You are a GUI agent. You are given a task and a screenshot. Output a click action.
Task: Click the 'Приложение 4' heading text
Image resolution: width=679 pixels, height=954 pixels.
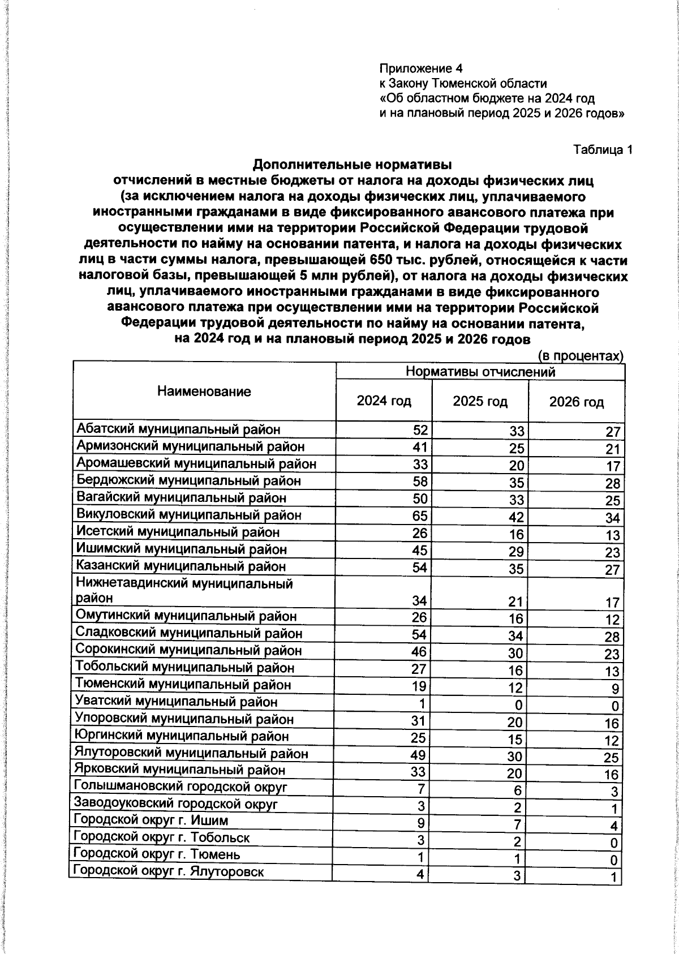pyautogui.click(x=421, y=68)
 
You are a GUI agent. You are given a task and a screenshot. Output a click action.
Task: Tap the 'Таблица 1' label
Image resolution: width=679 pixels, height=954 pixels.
pyautogui.click(x=603, y=150)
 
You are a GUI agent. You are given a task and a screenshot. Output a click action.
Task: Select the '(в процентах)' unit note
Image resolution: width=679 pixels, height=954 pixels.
pyautogui.click(x=580, y=356)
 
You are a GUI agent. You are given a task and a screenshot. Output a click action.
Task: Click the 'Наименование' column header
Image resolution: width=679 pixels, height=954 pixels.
pyautogui.click(x=204, y=392)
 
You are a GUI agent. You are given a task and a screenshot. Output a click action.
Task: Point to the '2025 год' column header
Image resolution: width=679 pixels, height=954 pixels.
pyautogui.click(x=480, y=402)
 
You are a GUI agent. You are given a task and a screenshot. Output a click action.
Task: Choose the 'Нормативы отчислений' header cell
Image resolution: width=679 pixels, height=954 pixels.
pyautogui.click(x=480, y=372)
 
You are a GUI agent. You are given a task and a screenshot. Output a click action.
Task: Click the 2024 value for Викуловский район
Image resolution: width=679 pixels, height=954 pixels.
pyautogui.click(x=420, y=515)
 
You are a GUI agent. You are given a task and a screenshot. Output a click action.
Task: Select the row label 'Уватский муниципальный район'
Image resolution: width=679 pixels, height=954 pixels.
pyautogui.click(x=177, y=702)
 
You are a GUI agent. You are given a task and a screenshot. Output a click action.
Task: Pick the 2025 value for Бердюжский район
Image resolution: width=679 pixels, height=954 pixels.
pyautogui.click(x=516, y=483)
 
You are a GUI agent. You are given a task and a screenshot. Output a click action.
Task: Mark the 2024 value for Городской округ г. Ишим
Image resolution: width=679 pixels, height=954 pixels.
pyautogui.click(x=421, y=823)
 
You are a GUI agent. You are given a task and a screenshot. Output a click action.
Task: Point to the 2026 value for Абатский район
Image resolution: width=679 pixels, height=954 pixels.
pyautogui.click(x=613, y=432)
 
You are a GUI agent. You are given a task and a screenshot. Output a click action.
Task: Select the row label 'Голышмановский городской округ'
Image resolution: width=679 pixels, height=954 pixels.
pyautogui.click(x=181, y=787)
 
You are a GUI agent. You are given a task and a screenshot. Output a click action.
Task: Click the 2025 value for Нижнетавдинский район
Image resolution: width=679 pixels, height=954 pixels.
pyautogui.click(x=516, y=602)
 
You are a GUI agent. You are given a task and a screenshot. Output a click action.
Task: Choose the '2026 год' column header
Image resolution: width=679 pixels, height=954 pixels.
pyautogui.click(x=576, y=402)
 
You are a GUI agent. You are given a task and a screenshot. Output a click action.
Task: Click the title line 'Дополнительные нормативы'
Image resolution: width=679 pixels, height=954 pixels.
pyautogui.click(x=352, y=165)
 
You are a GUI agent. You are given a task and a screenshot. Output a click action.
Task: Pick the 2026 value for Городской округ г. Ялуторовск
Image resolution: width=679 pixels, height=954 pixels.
pyautogui.click(x=616, y=894)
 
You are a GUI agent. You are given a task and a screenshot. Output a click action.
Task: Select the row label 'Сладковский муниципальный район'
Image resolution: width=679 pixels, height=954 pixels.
pyautogui.click(x=188, y=634)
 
